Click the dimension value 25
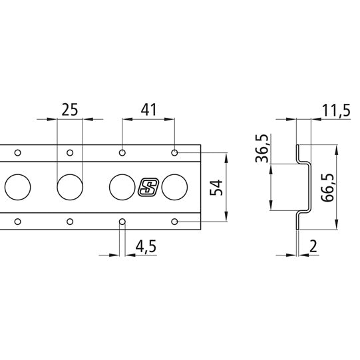tap(69, 110)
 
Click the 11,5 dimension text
tap(335, 110)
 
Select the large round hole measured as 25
tap(69, 187)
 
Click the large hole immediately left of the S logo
tap(121, 187)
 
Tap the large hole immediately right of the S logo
tap(174, 187)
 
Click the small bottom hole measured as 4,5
tap(121, 221)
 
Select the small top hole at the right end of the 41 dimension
tap(174, 153)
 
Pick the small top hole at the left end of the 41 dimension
tap(121, 153)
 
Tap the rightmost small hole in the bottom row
tap(174, 221)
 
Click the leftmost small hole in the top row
tap(17, 153)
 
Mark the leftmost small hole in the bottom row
tap(17, 221)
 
